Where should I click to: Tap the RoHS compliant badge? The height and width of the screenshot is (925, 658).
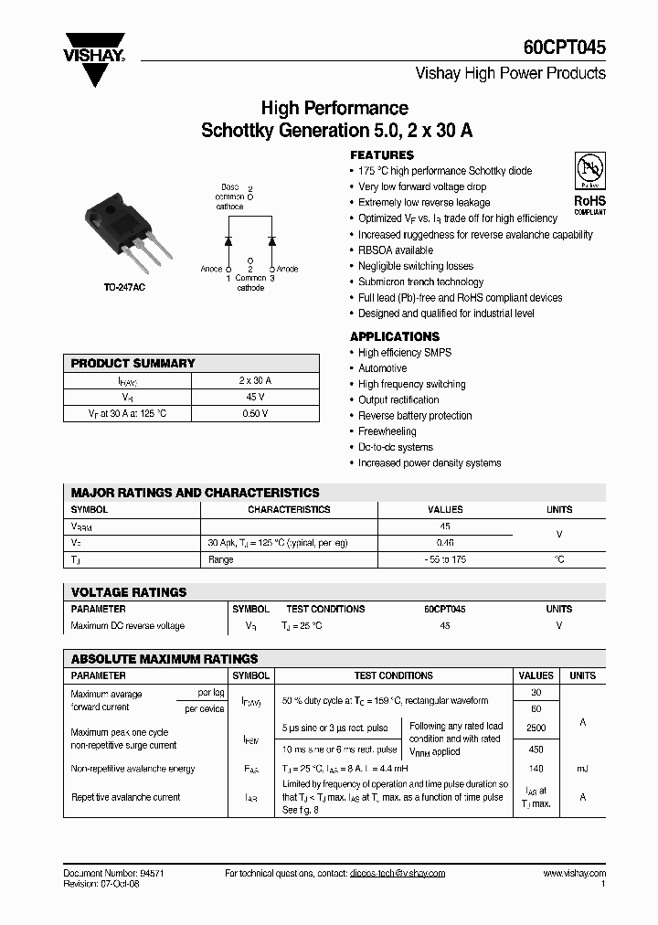pyautogui.click(x=589, y=183)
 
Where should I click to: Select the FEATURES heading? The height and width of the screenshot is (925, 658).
pyautogui.click(x=382, y=155)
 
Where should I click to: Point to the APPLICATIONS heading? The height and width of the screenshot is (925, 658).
pyautogui.click(x=395, y=336)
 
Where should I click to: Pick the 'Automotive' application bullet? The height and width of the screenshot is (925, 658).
pyautogui.click(x=382, y=368)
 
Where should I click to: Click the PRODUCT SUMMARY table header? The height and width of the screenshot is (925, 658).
pyautogui.click(x=133, y=364)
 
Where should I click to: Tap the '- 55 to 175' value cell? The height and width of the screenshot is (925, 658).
pyautogui.click(x=445, y=559)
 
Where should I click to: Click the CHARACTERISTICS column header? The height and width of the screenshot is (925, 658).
pyautogui.click(x=289, y=510)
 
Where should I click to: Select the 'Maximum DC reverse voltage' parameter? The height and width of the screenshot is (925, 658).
pyautogui.click(x=127, y=626)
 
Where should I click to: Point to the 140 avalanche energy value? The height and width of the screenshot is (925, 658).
pyautogui.click(x=536, y=769)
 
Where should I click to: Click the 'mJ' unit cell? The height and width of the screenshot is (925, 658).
pyautogui.click(x=582, y=769)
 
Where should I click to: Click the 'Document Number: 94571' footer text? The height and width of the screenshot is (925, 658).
pyautogui.click(x=114, y=873)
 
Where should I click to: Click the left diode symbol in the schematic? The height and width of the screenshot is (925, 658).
pyautogui.click(x=228, y=240)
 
